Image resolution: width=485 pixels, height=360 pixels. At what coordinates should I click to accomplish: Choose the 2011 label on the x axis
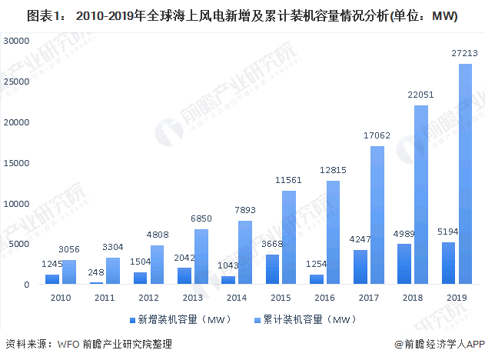(104, 295)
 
